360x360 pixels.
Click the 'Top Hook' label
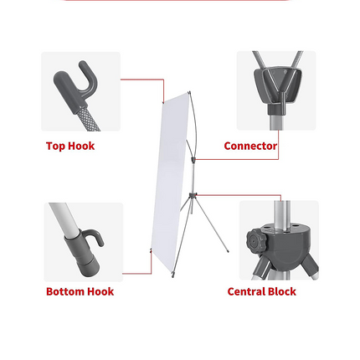(x=70, y=146)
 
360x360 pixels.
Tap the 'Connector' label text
(x=250, y=146)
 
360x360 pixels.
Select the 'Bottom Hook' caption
(x=80, y=291)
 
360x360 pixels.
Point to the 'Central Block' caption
(x=262, y=291)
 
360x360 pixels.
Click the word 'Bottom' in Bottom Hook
(x=62, y=291)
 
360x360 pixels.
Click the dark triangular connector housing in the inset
(x=278, y=84)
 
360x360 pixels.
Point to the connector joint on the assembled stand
(x=193, y=160)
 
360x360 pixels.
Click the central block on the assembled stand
(x=193, y=194)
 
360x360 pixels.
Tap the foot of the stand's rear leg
(x=228, y=251)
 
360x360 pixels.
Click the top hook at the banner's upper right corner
(x=189, y=92)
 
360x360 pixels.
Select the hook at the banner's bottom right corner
(x=173, y=275)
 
